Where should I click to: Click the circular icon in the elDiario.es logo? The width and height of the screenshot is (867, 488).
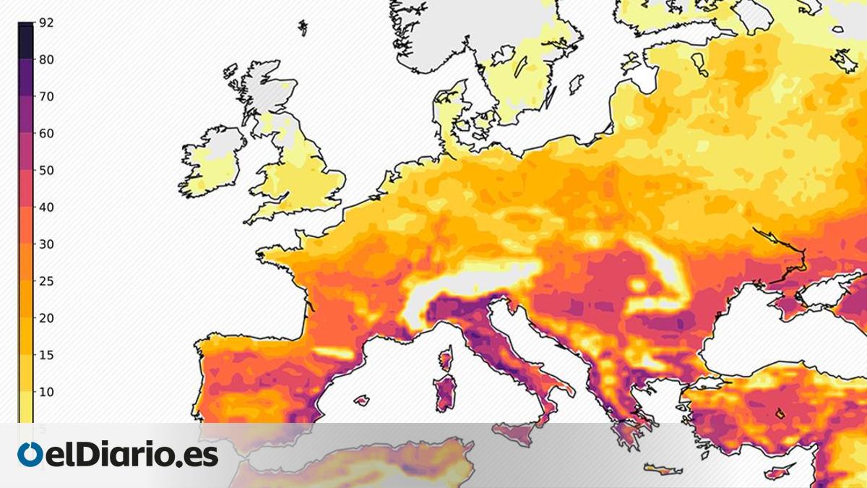tap(30, 455)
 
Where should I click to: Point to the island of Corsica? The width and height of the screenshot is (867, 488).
tap(447, 359)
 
